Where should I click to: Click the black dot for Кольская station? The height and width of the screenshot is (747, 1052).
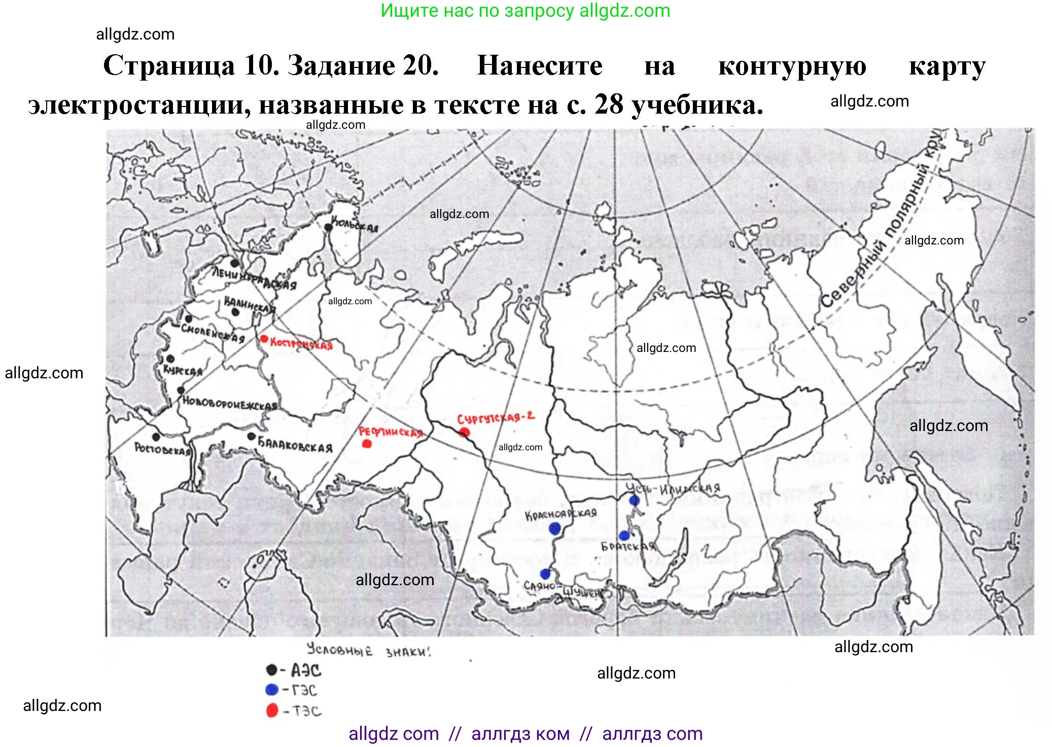tap(328, 228)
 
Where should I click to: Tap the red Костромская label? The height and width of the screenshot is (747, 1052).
tap(301, 344)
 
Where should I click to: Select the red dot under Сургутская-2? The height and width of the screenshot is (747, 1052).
tap(464, 433)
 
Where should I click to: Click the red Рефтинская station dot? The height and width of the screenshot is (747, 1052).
tap(367, 444)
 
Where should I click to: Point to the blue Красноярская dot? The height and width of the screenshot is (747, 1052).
tap(555, 529)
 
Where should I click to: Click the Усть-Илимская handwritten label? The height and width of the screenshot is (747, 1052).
tap(673, 488)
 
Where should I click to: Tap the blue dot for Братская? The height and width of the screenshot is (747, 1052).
tap(624, 536)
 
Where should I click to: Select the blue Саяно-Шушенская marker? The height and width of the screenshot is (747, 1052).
tap(545, 574)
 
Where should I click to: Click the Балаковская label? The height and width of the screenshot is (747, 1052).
tap(295, 445)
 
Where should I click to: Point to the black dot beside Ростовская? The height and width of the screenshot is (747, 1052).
tap(156, 437)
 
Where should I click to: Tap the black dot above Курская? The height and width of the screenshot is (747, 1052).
tap(170, 359)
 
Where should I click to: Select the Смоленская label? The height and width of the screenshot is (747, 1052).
tap(213, 334)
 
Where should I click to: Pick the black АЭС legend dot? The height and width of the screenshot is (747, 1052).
tap(272, 670)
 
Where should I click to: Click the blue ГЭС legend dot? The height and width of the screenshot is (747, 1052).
tap(272, 690)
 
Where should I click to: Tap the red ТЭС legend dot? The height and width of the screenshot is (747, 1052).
tap(272, 710)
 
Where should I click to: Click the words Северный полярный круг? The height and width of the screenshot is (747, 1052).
tap(883, 223)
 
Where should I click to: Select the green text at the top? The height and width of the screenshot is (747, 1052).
tap(525, 11)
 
